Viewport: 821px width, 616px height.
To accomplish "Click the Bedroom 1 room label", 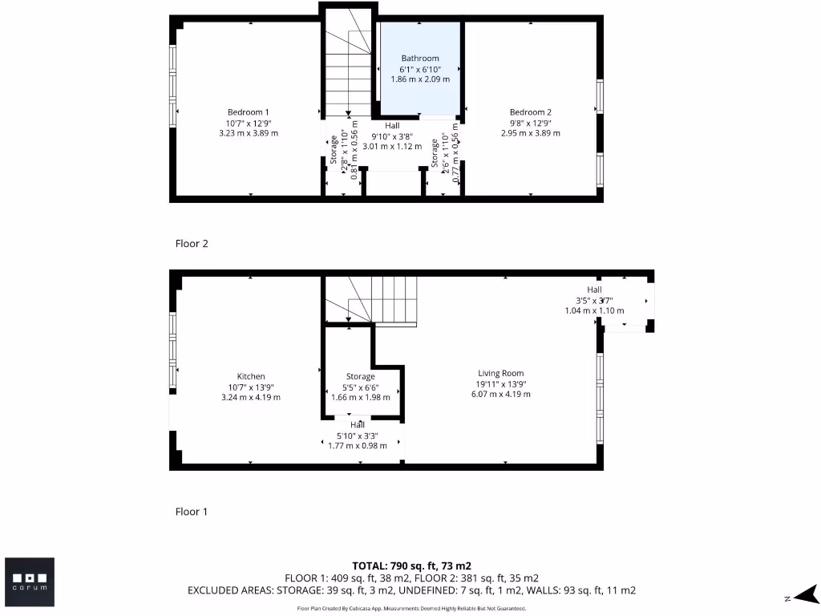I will click(x=249, y=112).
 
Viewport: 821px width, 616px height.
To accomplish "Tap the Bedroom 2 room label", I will click(x=531, y=112).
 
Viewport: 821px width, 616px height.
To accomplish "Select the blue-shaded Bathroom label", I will click(x=420, y=59).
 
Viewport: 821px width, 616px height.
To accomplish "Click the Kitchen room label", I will click(x=251, y=377).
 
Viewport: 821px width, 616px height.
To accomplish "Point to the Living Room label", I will click(x=501, y=374).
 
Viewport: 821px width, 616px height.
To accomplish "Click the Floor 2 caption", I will click(x=192, y=244).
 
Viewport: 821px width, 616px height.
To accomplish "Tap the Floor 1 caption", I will click(x=192, y=512).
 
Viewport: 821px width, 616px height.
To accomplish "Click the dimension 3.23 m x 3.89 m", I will click(x=249, y=133).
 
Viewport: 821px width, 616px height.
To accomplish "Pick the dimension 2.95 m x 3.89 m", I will click(x=531, y=133).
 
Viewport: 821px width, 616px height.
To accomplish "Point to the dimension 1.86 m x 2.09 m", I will click(x=420, y=79).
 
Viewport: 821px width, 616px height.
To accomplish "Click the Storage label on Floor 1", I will click(x=361, y=377).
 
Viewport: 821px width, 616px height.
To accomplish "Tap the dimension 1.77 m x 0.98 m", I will click(x=358, y=446).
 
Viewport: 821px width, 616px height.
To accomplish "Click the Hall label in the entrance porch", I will click(x=594, y=290).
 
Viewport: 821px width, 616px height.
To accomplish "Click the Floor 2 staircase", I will click(x=348, y=72).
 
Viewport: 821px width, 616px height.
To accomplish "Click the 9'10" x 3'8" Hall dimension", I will click(x=392, y=136).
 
